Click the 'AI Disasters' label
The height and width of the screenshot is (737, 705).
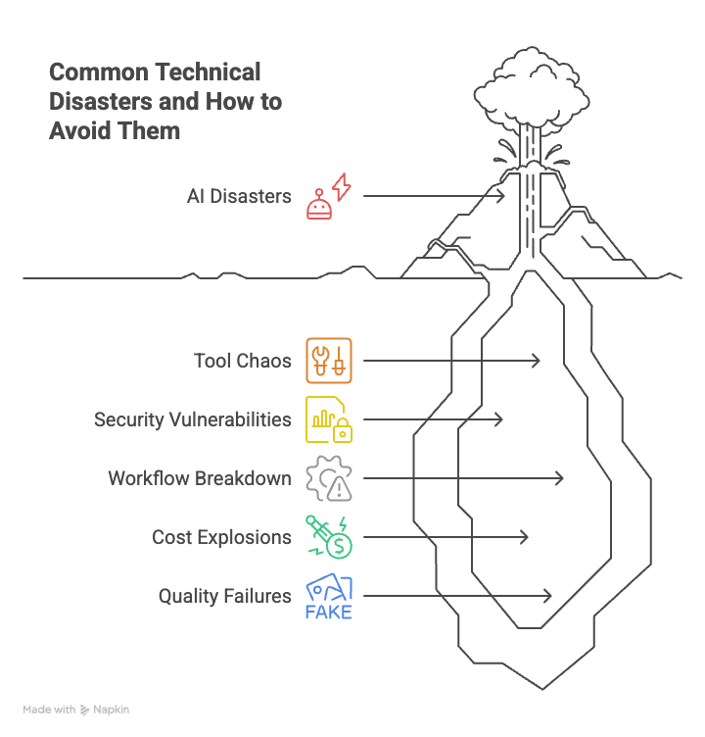[239, 196]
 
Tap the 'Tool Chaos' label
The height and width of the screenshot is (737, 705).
[242, 361]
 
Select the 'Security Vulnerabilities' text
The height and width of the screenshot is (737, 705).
[192, 419]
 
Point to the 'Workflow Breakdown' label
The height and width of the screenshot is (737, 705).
[199, 478]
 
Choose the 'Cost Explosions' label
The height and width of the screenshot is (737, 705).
[221, 537]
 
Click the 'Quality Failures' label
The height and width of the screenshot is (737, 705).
[224, 596]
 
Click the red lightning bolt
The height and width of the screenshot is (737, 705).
[341, 186]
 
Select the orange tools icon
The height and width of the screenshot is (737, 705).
[328, 361]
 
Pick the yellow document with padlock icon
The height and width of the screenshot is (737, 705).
[328, 419]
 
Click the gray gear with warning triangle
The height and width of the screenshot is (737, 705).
[328, 478]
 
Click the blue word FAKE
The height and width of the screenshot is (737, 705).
[328, 613]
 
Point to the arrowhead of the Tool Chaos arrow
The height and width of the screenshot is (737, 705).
[537, 361]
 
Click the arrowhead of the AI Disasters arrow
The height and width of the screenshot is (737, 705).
[501, 196]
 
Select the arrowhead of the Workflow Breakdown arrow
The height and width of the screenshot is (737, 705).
[560, 478]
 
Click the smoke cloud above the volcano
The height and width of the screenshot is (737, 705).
[524, 93]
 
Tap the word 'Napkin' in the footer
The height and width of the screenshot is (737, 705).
[111, 710]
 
